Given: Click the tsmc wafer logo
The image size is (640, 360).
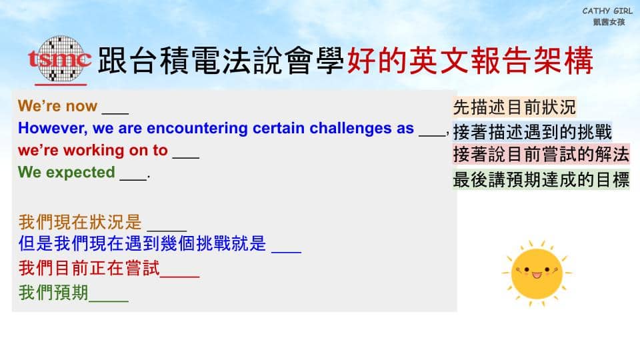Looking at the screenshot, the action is click(x=59, y=59).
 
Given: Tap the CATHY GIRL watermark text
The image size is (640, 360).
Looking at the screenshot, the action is click(x=607, y=11).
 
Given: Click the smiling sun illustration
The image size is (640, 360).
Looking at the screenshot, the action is click(x=537, y=273).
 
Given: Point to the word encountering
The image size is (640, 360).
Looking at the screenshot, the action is click(x=197, y=129).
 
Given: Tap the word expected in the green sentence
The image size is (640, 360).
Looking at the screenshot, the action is click(x=81, y=173).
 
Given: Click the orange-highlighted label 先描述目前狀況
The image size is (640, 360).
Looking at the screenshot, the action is click(x=514, y=107).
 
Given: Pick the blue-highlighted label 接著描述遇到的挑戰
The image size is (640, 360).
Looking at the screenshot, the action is click(x=532, y=132).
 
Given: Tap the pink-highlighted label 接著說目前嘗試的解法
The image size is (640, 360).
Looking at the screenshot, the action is click(x=541, y=155).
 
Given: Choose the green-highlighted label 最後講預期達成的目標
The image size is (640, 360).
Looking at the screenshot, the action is click(x=541, y=180).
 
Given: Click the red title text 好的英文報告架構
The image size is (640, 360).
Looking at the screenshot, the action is click(x=470, y=61).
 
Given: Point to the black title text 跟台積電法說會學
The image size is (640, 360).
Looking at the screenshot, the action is click(x=221, y=61).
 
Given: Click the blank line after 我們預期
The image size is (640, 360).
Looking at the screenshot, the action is click(x=109, y=301).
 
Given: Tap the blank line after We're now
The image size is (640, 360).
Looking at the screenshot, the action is click(x=115, y=113).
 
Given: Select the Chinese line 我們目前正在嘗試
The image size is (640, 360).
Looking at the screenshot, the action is click(x=89, y=268).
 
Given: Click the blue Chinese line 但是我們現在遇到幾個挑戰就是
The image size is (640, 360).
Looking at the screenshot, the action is click(x=142, y=244).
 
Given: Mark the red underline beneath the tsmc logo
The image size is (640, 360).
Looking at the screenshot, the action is click(x=61, y=85).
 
